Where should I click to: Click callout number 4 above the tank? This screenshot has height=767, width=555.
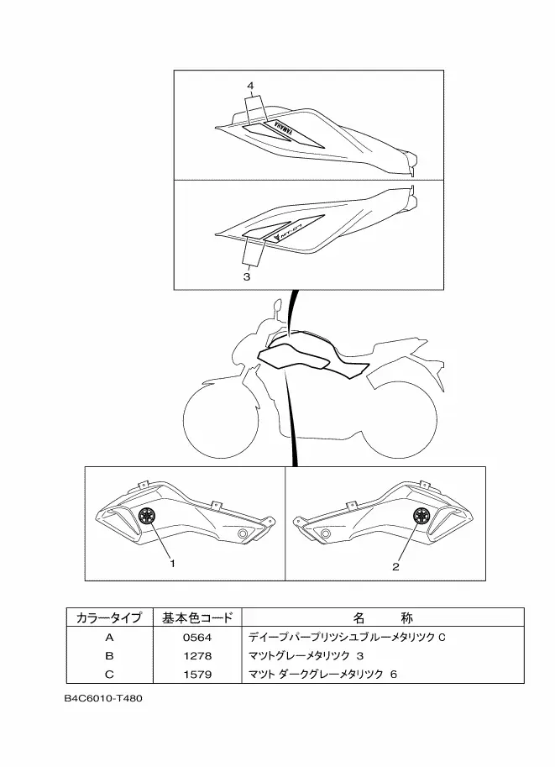tap(250, 86)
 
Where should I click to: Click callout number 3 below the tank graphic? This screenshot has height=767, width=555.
tap(247, 277)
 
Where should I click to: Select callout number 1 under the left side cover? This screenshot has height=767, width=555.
tap(172, 563)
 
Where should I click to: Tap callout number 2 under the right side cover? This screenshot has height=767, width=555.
tap(395, 566)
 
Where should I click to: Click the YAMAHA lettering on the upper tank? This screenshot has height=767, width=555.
tap(284, 129)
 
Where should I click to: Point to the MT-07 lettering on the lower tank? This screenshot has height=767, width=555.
tap(294, 232)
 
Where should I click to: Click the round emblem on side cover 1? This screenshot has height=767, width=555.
tap(146, 515)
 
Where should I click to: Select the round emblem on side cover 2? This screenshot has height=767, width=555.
tap(421, 515)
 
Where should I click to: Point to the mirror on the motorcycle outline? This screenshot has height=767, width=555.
tap(277, 306)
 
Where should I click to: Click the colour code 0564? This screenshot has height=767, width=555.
tap(197, 638)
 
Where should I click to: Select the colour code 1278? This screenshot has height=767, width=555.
tap(197, 655)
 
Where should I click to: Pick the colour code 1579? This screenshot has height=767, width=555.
tap(197, 674)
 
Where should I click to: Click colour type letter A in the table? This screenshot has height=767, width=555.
tap(109, 638)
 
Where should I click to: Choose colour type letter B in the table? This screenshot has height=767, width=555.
tap(109, 655)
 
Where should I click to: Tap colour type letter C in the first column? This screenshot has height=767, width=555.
tap(109, 674)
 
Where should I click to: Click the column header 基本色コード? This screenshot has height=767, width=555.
tap(197, 617)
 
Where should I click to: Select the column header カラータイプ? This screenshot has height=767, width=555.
tap(109, 617)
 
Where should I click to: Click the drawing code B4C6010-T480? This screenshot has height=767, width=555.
tap(103, 698)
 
